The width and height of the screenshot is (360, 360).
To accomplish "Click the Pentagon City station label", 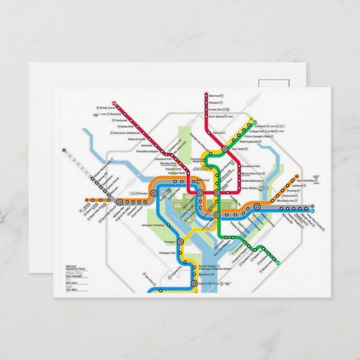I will point(167,253).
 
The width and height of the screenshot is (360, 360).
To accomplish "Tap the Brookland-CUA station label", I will point(251,166).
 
